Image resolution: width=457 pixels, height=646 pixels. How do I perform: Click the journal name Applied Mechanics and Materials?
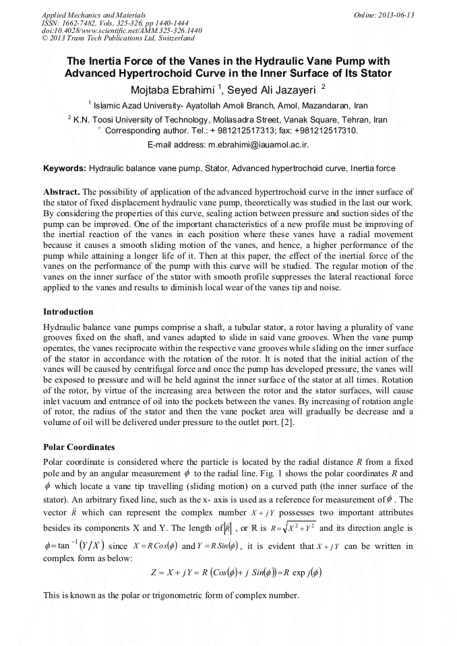pyautogui.click(x=93, y=14)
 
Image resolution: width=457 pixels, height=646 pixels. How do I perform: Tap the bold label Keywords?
pyautogui.click(x=64, y=168)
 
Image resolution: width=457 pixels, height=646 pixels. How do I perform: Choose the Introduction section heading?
pyautogui.click(x=68, y=312)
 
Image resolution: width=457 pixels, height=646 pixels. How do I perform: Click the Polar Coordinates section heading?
pyautogui.click(x=79, y=447)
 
